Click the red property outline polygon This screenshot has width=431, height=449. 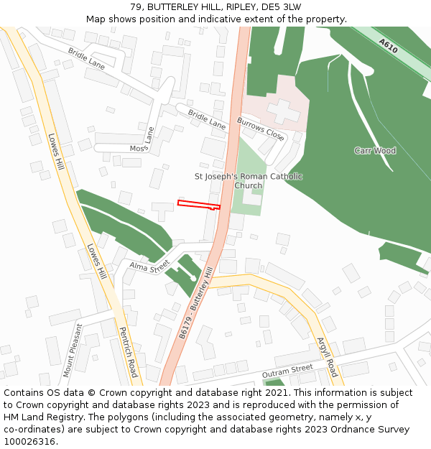(x=198, y=205)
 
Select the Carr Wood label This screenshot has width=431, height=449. (x=374, y=151)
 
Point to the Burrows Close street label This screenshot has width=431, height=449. (x=260, y=128)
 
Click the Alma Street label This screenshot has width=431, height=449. (x=148, y=265)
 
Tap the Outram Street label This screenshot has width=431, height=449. (x=287, y=371)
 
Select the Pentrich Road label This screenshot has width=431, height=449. (x=128, y=353)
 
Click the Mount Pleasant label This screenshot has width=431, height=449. (x=73, y=350)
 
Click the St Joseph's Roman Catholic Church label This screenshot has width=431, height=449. (x=249, y=180)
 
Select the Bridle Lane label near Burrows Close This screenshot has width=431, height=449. (x=206, y=119)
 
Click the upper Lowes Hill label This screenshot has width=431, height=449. (x=56, y=153)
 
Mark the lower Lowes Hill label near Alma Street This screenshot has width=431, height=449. (x=96, y=262)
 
